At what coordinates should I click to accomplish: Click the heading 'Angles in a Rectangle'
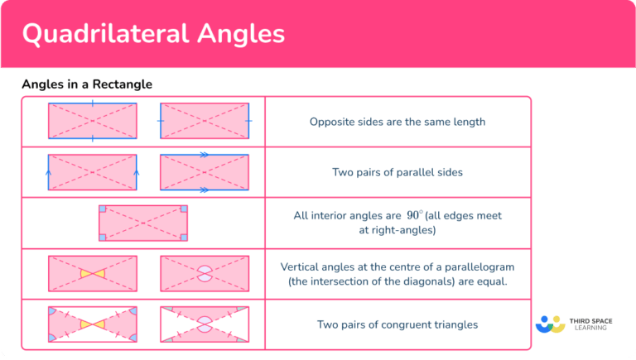pyautogui.click(x=87, y=84)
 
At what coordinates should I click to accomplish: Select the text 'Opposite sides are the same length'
pyautogui.click(x=397, y=122)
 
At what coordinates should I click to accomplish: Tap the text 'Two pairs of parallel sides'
pyautogui.click(x=397, y=173)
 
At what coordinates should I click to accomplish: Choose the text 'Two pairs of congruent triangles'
pyautogui.click(x=397, y=324)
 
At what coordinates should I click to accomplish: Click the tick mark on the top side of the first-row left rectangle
pyautogui.click(x=92, y=103)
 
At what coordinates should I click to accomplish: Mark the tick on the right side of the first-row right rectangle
pyautogui.click(x=248, y=121)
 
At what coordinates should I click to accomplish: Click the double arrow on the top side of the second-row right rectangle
pyautogui.click(x=204, y=155)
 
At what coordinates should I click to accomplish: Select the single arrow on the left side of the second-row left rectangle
pyautogui.click(x=49, y=172)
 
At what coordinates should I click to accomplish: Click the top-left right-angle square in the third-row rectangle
pyautogui.click(x=103, y=210)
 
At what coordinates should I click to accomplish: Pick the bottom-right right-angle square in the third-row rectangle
pyautogui.click(x=183, y=237)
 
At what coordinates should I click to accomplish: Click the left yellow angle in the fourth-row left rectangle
pyautogui.click(x=85, y=273)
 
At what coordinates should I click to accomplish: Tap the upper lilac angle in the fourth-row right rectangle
pyautogui.click(x=204, y=268)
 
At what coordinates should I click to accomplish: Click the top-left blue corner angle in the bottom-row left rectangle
pyautogui.click(x=52, y=311)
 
